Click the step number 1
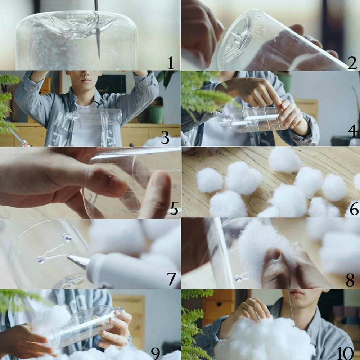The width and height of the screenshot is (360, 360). click(171, 64)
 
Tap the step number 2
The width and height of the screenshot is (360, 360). click(352, 63)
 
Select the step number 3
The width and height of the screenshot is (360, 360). click(165, 138)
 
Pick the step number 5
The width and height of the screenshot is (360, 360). click(174, 208)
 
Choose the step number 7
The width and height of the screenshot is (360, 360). click(171, 279)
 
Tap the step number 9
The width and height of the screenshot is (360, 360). click(155, 353)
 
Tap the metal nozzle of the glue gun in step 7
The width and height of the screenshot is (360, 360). click(77, 260)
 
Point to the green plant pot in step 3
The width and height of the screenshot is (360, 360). click(156, 114)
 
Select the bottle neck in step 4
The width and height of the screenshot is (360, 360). click(225, 122)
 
